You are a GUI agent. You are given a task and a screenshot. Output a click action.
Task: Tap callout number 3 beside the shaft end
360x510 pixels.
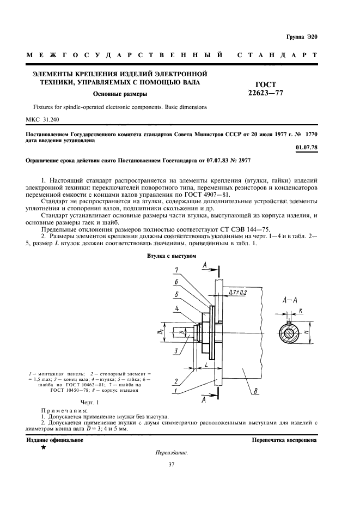click(176, 351)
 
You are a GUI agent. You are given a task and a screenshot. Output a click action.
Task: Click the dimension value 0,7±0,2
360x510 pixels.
click(237, 293)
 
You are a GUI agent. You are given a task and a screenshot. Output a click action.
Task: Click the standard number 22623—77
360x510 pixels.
click(266, 93)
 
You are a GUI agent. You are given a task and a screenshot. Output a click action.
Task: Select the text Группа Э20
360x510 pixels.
click(301, 37)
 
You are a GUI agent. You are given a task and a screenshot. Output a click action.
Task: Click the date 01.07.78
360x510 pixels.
click(306, 148)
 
